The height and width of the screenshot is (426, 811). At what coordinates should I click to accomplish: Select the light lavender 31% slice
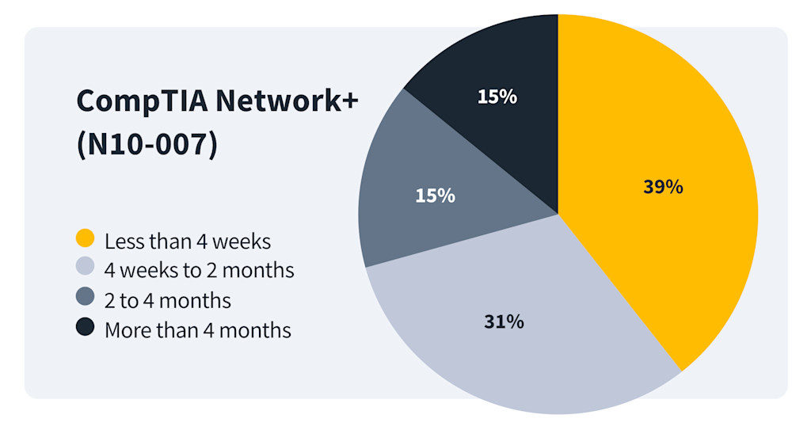pos(515,333)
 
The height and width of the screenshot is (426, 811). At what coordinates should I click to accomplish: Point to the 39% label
pos(662,187)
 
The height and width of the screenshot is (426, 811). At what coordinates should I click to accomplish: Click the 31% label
pos(503,321)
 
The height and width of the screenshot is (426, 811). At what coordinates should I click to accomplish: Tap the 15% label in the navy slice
pos(497,97)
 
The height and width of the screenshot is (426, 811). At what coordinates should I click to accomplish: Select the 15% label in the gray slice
pos(435,195)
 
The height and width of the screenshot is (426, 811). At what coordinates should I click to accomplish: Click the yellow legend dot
pos(86,238)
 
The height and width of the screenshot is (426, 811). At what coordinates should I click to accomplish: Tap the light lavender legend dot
pos(86,268)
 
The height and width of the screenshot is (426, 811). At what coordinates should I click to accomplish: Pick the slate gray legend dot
pos(86,299)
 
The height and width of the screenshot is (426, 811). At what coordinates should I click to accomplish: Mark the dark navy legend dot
pos(86,328)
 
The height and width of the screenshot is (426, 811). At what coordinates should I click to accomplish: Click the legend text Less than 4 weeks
pos(188,240)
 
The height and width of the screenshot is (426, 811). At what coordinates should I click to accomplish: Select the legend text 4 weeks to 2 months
pos(199,270)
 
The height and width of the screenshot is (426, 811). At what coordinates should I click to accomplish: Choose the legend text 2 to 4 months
pos(167,300)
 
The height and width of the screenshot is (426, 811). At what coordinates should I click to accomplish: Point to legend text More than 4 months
pos(197,329)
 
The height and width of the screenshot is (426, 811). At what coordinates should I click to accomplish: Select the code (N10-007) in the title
pos(147,146)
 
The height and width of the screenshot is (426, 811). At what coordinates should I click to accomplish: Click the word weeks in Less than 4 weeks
pos(242,240)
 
